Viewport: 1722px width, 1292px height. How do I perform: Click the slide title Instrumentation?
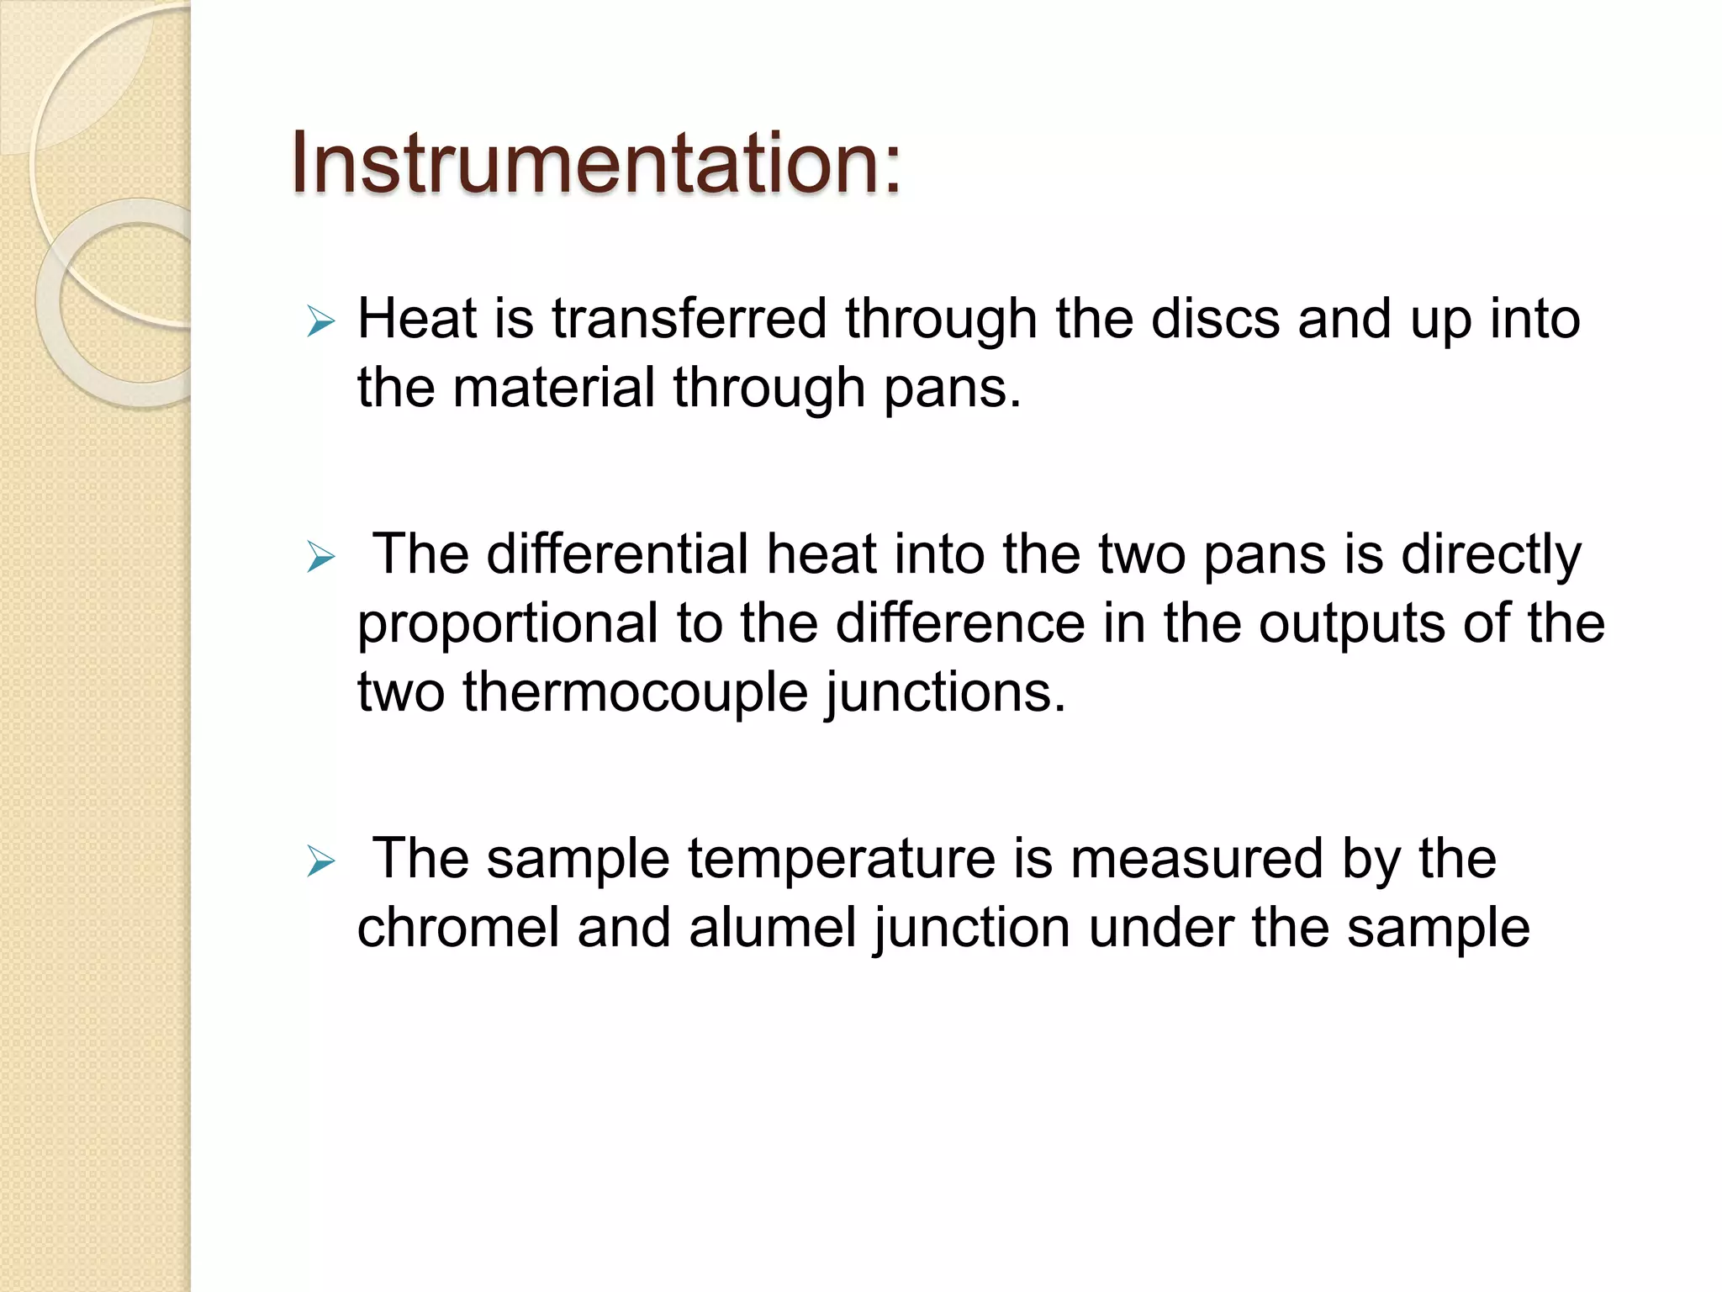pyautogui.click(x=595, y=164)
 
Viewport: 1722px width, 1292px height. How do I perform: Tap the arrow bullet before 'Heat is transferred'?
pyautogui.click(x=321, y=321)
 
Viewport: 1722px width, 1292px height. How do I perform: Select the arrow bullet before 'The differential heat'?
pyautogui.click(x=321, y=557)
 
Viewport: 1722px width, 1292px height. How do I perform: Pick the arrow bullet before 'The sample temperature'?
pyautogui.click(x=321, y=861)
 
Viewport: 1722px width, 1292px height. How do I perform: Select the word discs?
pyautogui.click(x=1216, y=320)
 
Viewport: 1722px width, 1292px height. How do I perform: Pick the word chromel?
pyautogui.click(x=458, y=929)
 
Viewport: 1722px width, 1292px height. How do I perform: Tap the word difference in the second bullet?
pyautogui.click(x=960, y=624)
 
